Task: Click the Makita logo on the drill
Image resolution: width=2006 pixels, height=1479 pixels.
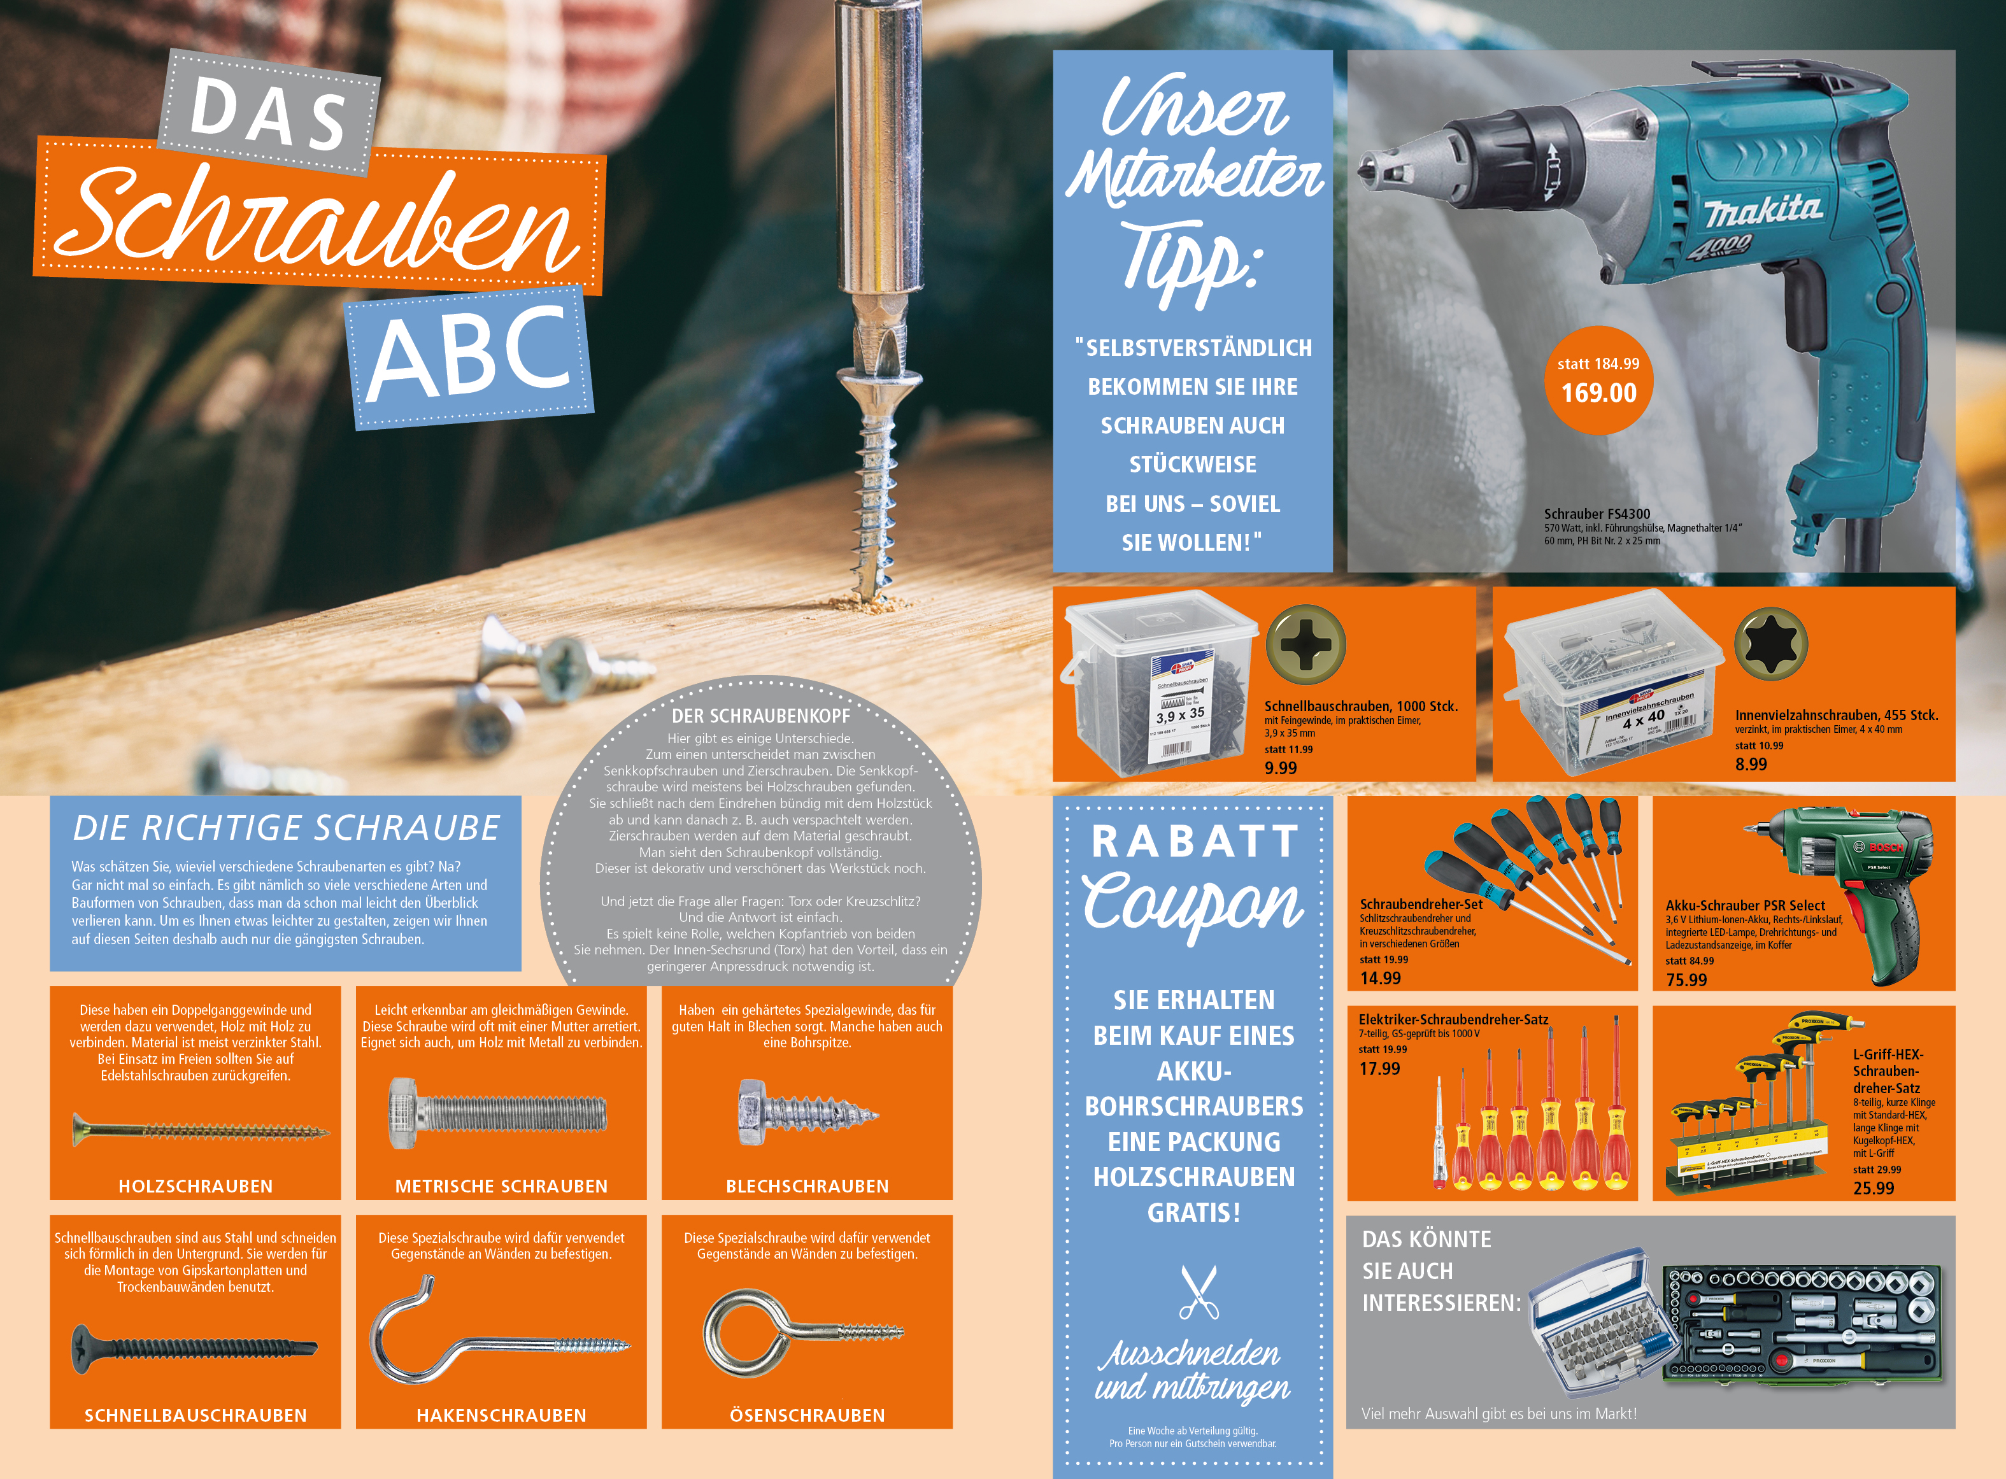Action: (1763, 211)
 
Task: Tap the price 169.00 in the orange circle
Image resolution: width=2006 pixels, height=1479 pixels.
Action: (1598, 393)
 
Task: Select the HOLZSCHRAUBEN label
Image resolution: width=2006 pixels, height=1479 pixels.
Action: (196, 1186)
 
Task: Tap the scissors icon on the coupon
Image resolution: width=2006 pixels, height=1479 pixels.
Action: (1199, 1292)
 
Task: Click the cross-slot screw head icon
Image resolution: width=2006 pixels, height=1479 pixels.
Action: (1305, 644)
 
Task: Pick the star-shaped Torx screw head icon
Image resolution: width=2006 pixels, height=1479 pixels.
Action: (1770, 644)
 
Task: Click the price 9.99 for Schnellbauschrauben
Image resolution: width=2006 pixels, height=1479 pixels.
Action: (1281, 768)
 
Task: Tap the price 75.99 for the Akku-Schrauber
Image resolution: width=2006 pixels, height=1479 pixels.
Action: (1686, 980)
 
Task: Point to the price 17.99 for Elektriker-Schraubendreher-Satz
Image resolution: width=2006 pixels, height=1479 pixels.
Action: (1379, 1069)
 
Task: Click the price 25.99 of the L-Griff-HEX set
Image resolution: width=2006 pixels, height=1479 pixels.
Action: (1874, 1189)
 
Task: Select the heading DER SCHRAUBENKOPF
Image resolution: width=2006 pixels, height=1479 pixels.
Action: (760, 716)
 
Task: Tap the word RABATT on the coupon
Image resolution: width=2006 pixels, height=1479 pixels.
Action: (1195, 842)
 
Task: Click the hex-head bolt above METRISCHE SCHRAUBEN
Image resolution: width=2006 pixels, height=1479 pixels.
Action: (497, 1113)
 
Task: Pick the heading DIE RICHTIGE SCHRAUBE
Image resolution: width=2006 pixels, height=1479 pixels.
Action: (286, 828)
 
